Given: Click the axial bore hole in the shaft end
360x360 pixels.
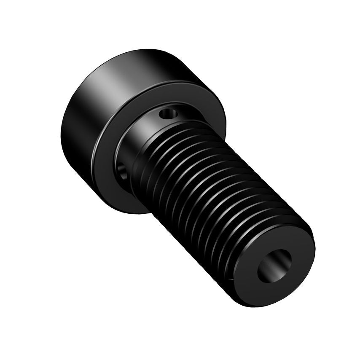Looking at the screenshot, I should [274, 266].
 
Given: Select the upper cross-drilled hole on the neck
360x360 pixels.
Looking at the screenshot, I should [169, 113].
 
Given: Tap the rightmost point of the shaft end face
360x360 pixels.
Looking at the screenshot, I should [315, 249].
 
